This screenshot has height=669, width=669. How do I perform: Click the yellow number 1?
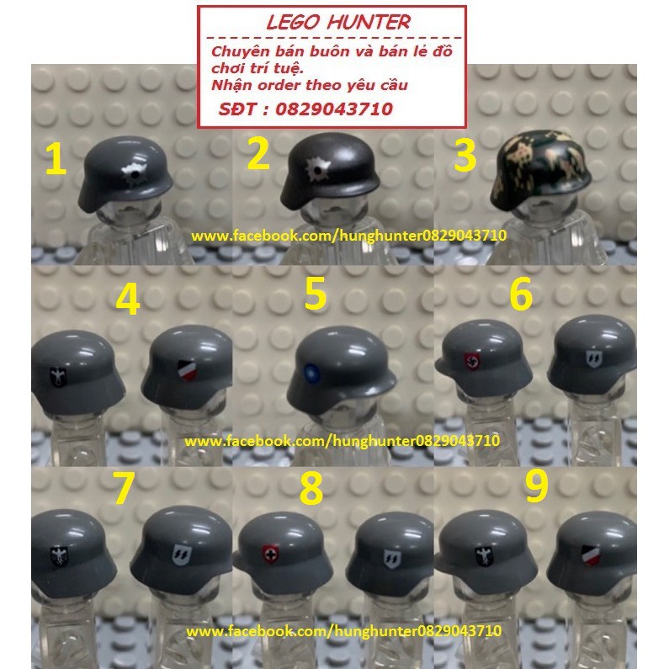(x=56, y=159)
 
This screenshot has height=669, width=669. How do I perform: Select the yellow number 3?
(x=465, y=157)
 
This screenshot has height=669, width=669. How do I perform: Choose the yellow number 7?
(x=124, y=489)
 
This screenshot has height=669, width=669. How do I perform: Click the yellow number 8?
(x=311, y=489)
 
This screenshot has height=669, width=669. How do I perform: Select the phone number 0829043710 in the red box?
(x=341, y=109)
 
